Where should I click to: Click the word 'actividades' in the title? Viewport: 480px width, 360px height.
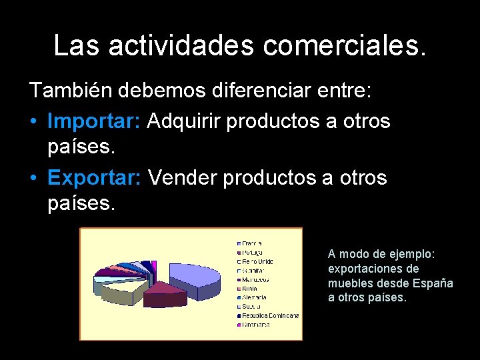(x=181, y=45)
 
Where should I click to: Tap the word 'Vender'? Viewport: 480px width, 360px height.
(x=183, y=178)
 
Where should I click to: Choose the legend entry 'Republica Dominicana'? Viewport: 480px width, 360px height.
(x=270, y=315)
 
